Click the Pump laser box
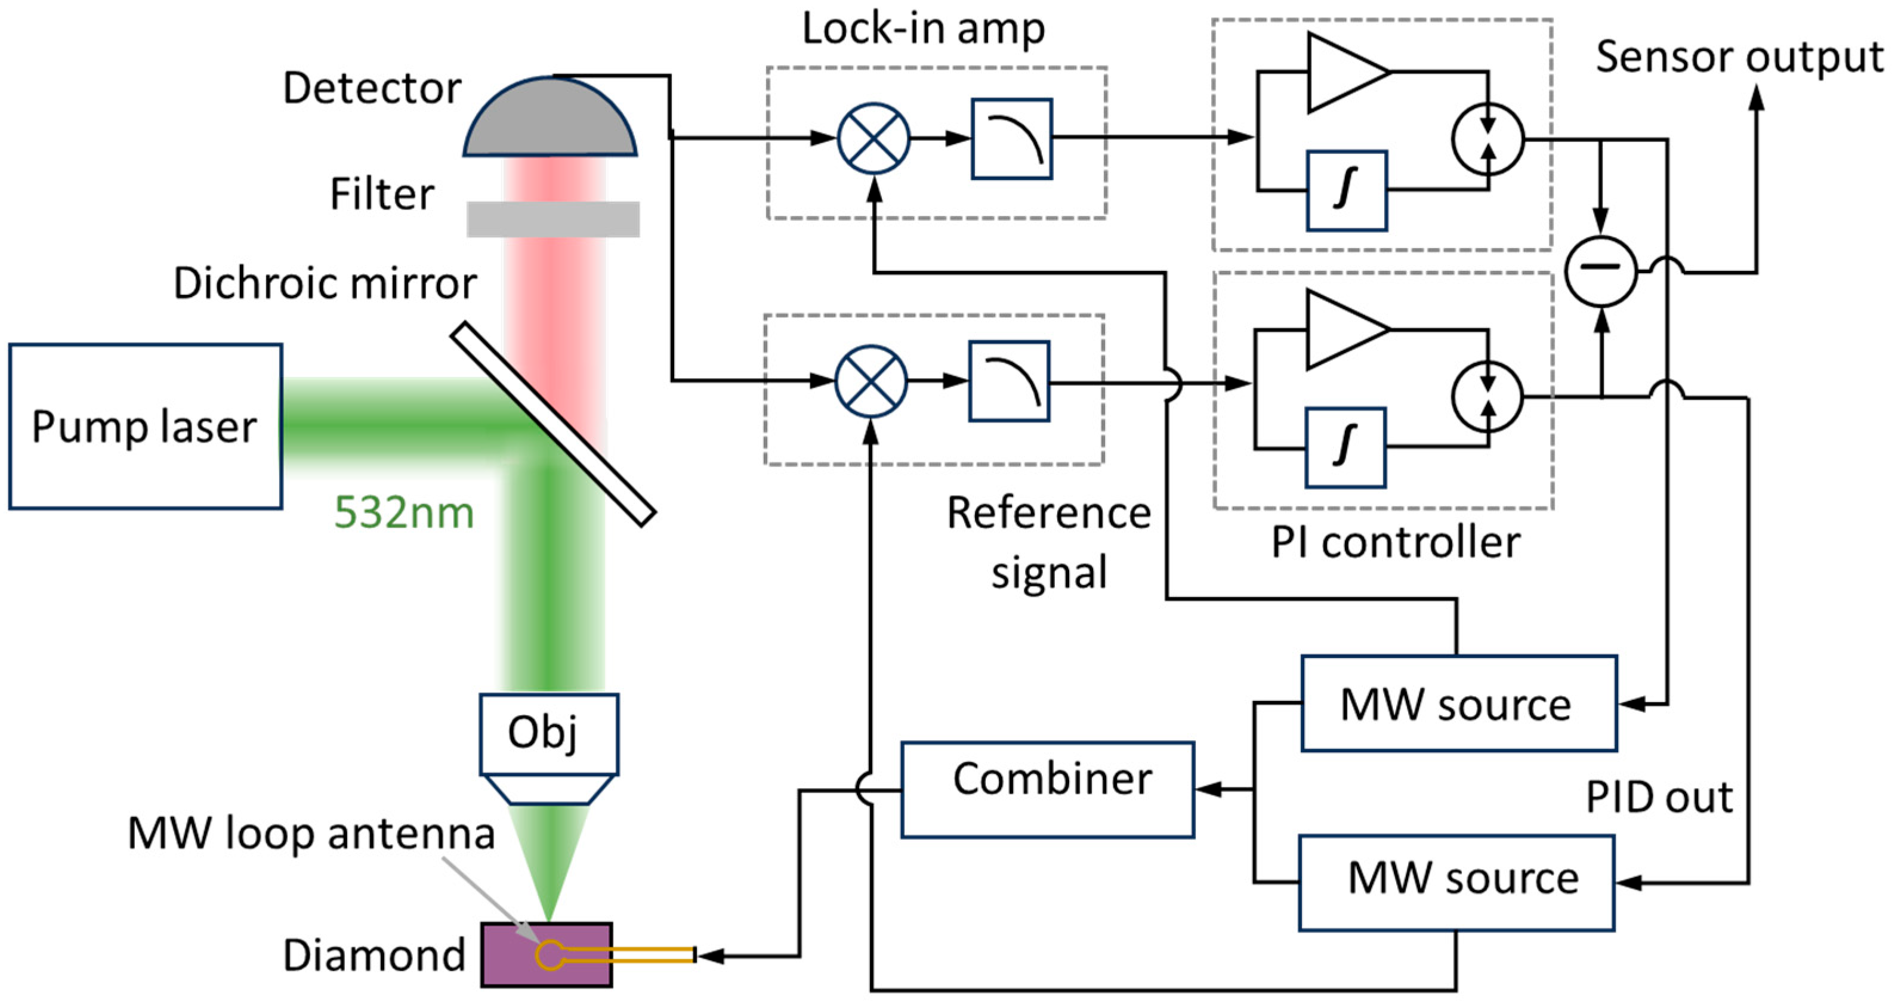coord(146,426)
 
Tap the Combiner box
coord(1047,790)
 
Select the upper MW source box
coord(1459,703)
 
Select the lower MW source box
coord(1456,882)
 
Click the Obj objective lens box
coord(549,734)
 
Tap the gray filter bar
coord(553,219)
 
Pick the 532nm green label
coord(404,512)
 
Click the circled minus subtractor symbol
coord(1601,270)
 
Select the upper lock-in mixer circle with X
coord(874,138)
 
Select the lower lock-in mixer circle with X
coord(871,381)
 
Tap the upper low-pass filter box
coord(1011,139)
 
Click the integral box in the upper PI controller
coord(1346,190)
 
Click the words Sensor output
coord(1739,57)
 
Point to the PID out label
coord(1659,797)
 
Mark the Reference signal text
coord(1049,542)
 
